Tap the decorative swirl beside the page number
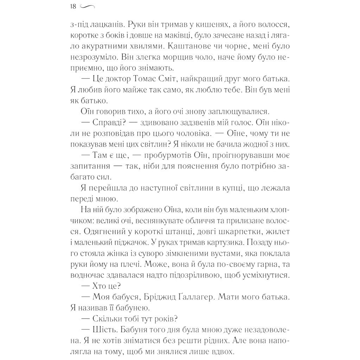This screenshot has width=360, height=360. pyautogui.click(x=88, y=6)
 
